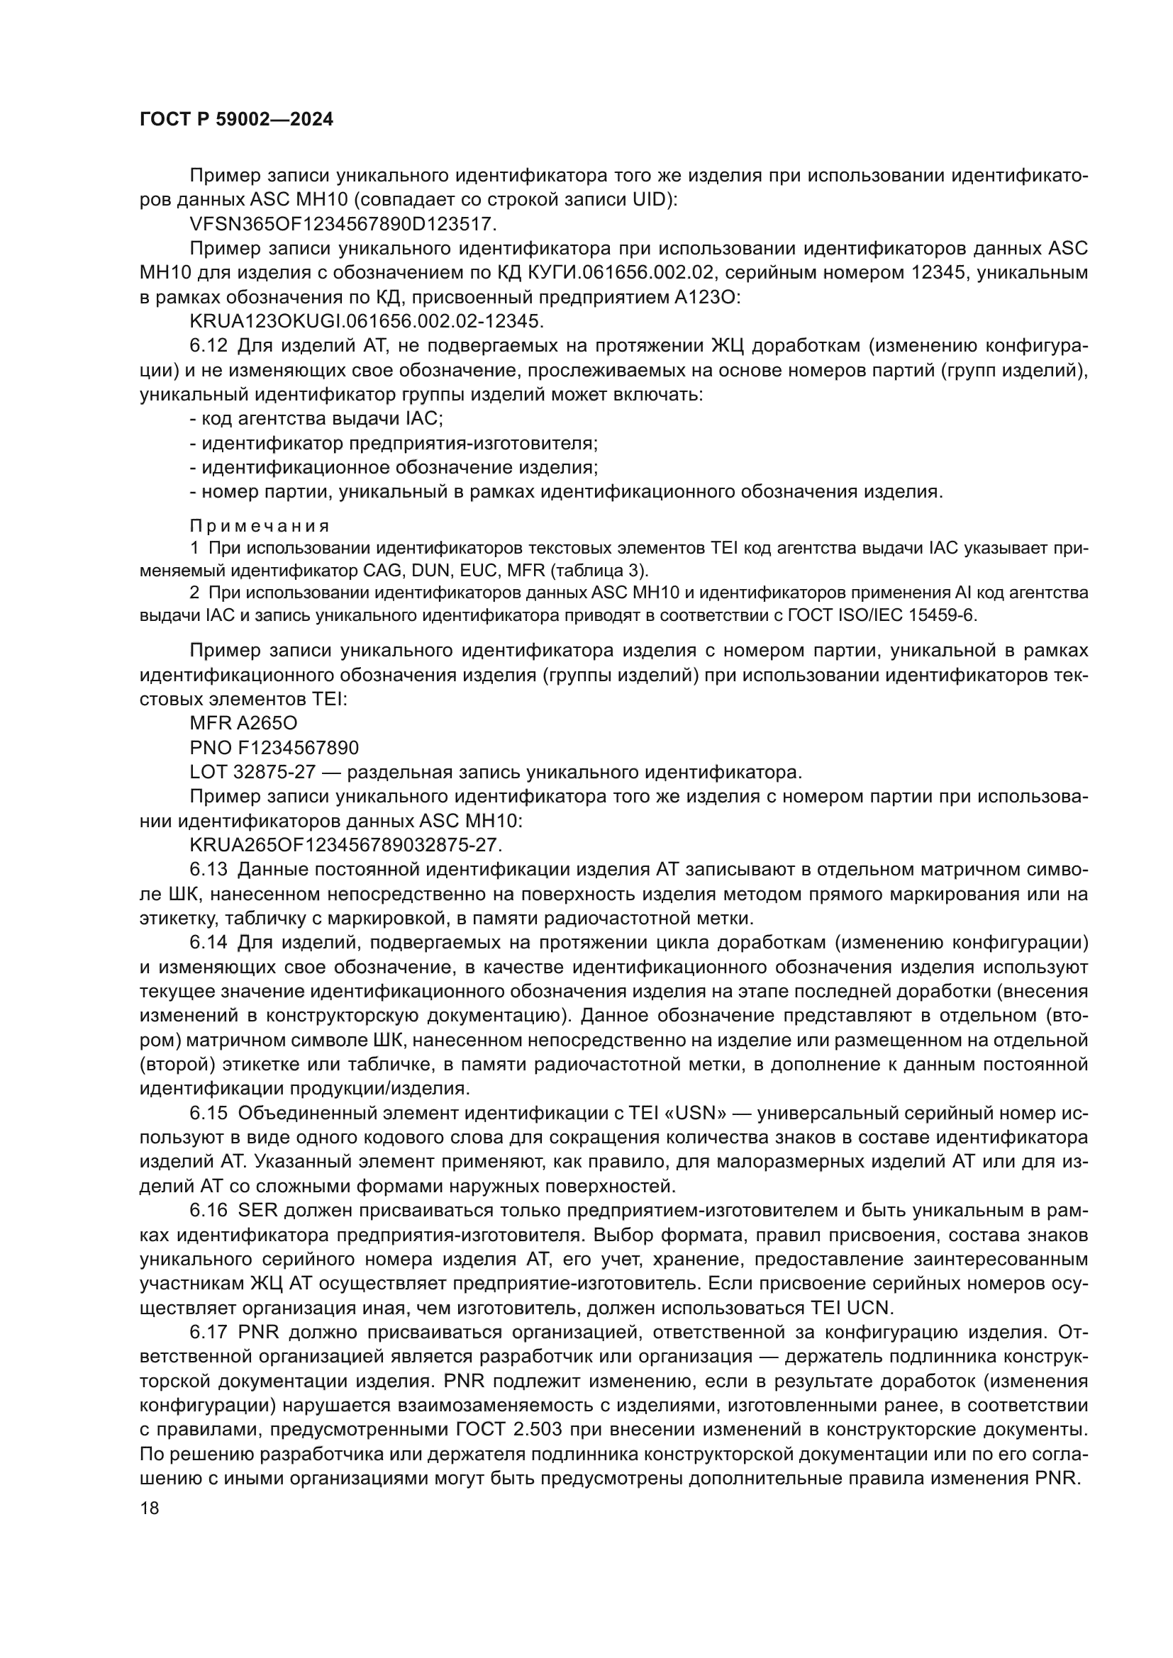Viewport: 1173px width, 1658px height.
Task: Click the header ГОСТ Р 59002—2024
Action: pyautogui.click(x=236, y=120)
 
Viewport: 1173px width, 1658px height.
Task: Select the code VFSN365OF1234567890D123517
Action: pyautogui.click(x=343, y=225)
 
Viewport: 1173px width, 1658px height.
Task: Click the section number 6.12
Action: pyautogui.click(x=208, y=346)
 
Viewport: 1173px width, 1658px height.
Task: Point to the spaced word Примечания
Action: pyautogui.click(x=260, y=526)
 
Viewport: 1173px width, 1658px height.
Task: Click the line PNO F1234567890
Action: pyautogui.click(x=274, y=747)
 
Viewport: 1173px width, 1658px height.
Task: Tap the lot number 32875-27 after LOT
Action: pyautogui.click(x=274, y=772)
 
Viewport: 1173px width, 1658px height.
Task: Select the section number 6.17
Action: pyautogui.click(x=208, y=1333)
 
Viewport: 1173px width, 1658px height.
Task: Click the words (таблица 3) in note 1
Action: pyautogui.click(x=599, y=571)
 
